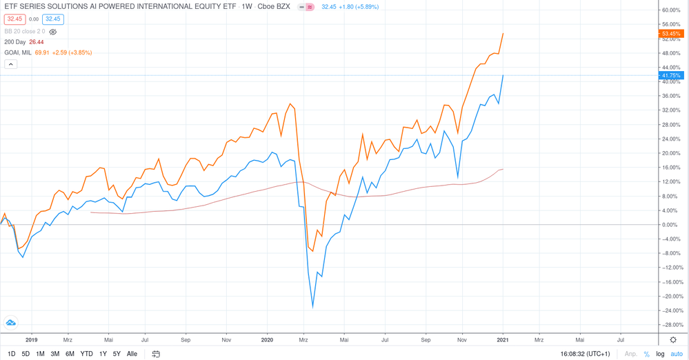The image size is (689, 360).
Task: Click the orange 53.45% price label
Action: coord(671,34)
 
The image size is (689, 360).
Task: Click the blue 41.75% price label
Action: coord(671,75)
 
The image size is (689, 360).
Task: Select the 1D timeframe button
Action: coord(11,354)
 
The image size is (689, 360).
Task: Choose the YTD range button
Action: coord(86,354)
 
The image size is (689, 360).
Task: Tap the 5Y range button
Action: coord(117,354)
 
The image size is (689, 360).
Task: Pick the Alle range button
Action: coord(132,354)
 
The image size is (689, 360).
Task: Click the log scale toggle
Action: coord(660,354)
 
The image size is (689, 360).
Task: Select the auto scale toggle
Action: coord(677,354)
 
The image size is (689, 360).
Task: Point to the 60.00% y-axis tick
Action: coord(671,10)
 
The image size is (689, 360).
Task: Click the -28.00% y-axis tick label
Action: coord(670,325)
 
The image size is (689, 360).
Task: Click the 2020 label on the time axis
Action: coord(268,339)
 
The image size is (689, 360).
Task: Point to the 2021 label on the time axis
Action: coord(503,339)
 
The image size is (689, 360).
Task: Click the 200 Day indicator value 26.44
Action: coord(37,42)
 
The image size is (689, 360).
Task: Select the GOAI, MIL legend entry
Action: coord(17,52)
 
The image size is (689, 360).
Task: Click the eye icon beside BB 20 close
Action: coord(53,32)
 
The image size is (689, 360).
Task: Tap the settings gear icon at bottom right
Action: coord(674,340)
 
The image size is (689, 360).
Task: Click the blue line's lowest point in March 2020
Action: coord(312,307)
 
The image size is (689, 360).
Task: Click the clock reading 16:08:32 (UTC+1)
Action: coord(586,354)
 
